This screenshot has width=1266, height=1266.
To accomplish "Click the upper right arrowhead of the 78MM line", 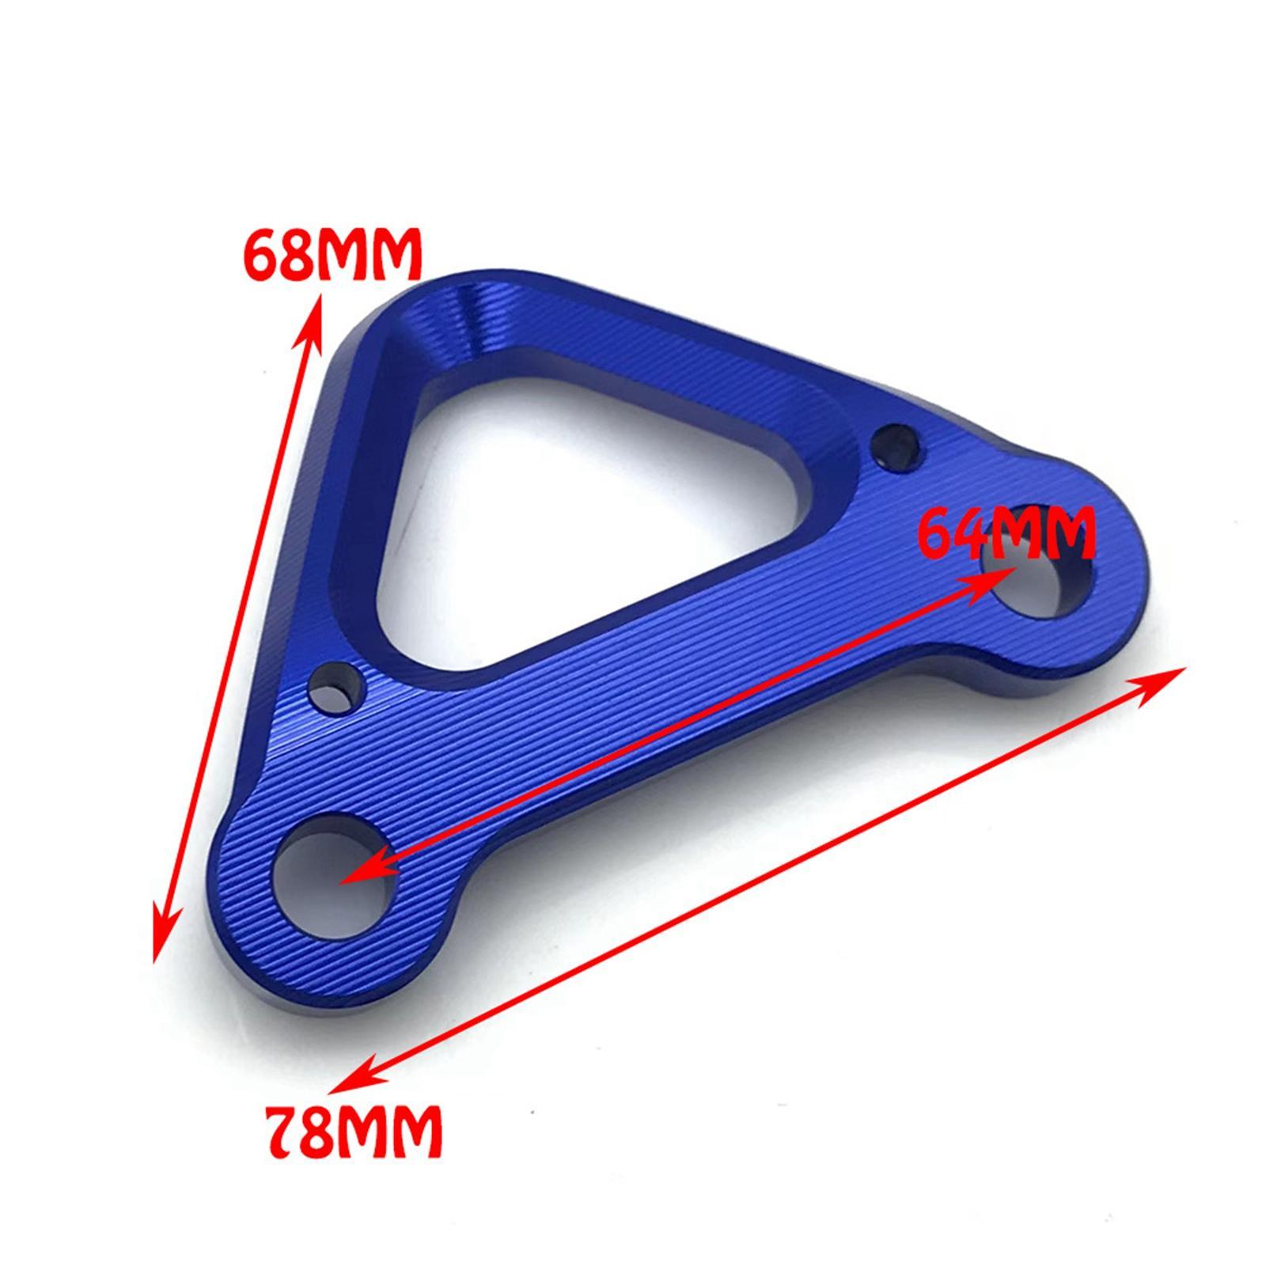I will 1163,680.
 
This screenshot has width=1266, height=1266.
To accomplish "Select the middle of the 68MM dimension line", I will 237,625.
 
